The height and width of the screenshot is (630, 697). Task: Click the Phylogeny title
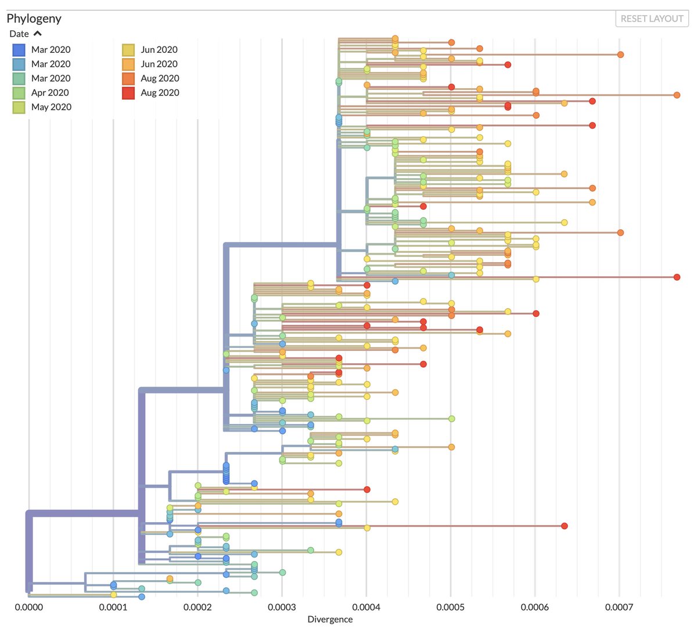34,19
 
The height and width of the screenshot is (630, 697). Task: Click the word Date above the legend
19,34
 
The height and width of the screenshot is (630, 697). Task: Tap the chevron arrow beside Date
38,34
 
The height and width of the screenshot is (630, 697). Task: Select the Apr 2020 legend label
50,93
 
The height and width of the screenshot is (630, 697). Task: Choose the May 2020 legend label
51,107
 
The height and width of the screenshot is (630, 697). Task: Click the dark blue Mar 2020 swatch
19,50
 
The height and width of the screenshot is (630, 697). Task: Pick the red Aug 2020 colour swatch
128,93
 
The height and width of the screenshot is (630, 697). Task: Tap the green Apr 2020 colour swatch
19,93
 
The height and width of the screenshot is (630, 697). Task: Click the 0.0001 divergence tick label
113,607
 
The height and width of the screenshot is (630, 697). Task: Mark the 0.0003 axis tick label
282,607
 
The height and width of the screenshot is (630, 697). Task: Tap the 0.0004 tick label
366,607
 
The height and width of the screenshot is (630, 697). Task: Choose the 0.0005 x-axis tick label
450,607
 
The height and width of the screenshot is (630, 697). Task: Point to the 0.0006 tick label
534,607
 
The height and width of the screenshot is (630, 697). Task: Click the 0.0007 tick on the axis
619,607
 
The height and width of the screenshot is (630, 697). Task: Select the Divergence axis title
330,619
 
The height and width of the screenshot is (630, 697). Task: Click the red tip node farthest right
677,277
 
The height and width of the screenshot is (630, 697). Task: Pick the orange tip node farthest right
677,95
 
